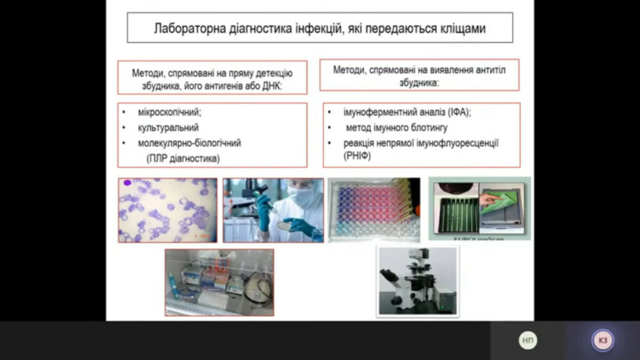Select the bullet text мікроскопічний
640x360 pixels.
point(169,112)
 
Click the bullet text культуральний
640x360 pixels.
point(168,127)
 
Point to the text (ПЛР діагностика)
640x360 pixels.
point(183,158)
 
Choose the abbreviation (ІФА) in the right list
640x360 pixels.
point(459,112)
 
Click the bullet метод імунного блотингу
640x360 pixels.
point(397,127)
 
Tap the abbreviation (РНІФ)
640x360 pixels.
point(357,156)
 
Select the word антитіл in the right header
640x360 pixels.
point(490,70)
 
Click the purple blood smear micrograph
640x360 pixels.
point(167,210)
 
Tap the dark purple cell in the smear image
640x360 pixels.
point(127,183)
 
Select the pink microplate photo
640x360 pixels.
point(374,209)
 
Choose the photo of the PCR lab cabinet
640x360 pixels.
point(219,282)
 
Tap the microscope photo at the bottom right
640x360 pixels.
point(417,281)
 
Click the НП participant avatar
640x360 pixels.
point(527,341)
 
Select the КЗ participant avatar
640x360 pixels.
point(603,341)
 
